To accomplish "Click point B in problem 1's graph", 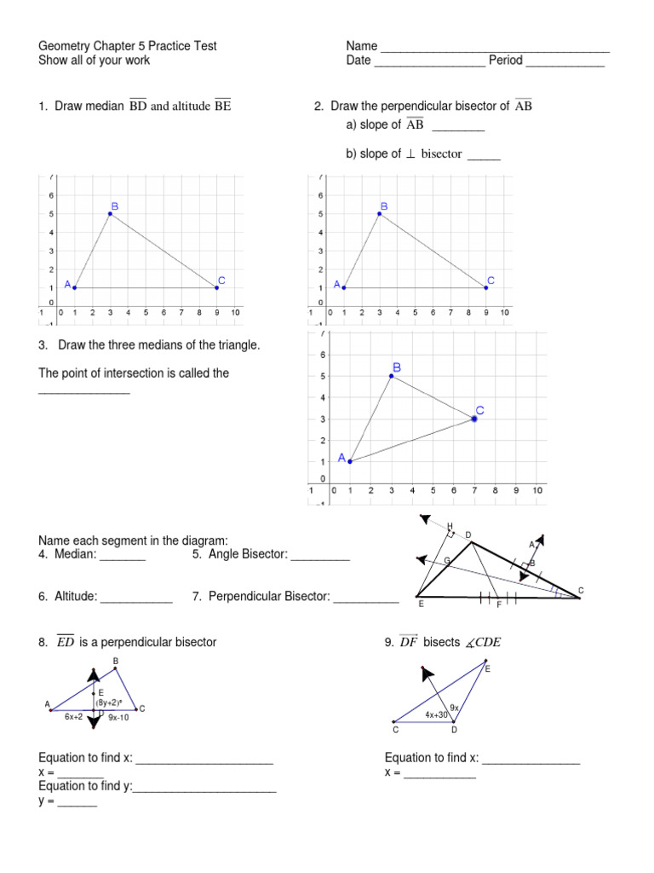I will click(111, 214).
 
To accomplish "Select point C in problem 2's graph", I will click(486, 287).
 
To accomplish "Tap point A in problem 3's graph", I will click(349, 461).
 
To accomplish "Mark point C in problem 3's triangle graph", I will click(474, 419).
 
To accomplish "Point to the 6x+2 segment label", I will click(73, 718).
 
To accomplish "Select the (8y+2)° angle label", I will click(115, 702).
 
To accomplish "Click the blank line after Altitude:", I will click(136, 601).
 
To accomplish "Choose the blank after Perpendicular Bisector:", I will click(366, 601).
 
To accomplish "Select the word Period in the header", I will click(505, 61).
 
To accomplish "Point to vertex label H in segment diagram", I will click(450, 525).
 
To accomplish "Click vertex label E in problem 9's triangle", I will click(488, 669).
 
